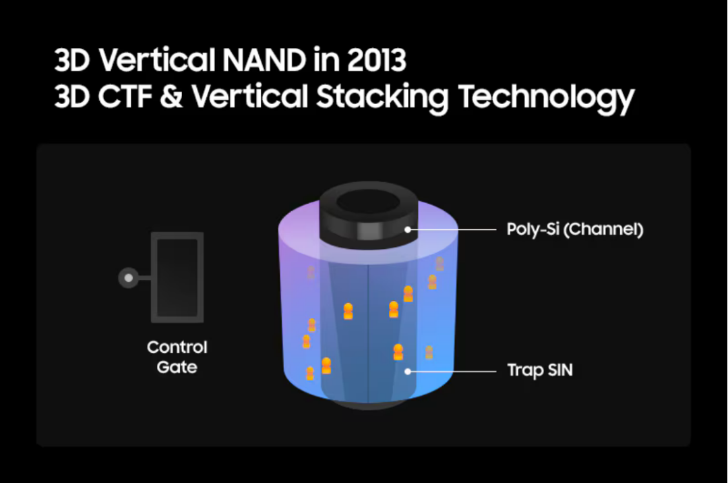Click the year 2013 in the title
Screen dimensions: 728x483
377,60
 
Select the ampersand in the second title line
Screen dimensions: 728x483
171,96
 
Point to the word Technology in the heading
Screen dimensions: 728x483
546,98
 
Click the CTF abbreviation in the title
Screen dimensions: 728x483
125,96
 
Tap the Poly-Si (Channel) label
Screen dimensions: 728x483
575,229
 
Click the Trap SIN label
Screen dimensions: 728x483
540,370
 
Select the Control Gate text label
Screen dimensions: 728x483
177,357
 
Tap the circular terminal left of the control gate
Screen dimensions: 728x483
129,278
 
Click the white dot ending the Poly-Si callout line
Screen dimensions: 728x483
408,229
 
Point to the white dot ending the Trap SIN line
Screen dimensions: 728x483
408,372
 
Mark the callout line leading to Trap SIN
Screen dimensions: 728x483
452,372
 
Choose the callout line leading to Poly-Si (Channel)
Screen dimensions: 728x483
452,229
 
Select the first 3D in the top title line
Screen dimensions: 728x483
72,60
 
